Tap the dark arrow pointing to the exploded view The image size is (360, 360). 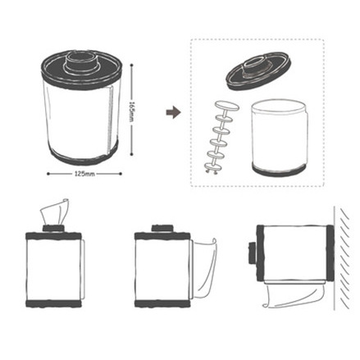tap(172, 112)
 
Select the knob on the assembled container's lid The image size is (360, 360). tap(80, 60)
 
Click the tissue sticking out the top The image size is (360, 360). tap(56, 212)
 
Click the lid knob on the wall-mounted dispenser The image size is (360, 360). tap(250, 253)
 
